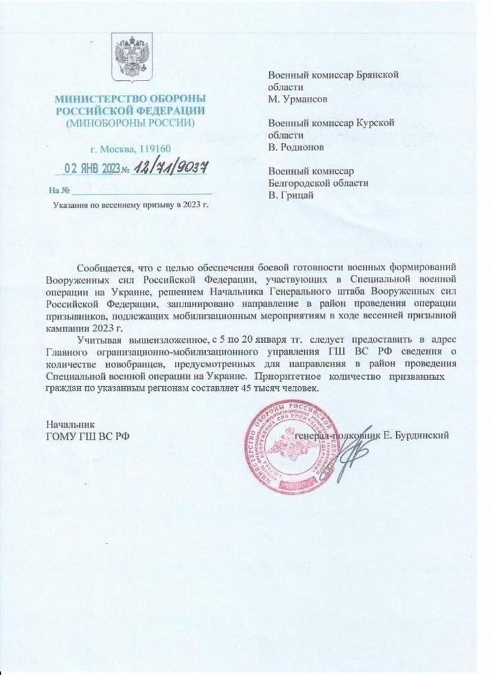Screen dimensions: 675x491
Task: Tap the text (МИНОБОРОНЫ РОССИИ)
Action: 129,123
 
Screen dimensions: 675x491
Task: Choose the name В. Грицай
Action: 291,194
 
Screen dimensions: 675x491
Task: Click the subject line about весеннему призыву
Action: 130,206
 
